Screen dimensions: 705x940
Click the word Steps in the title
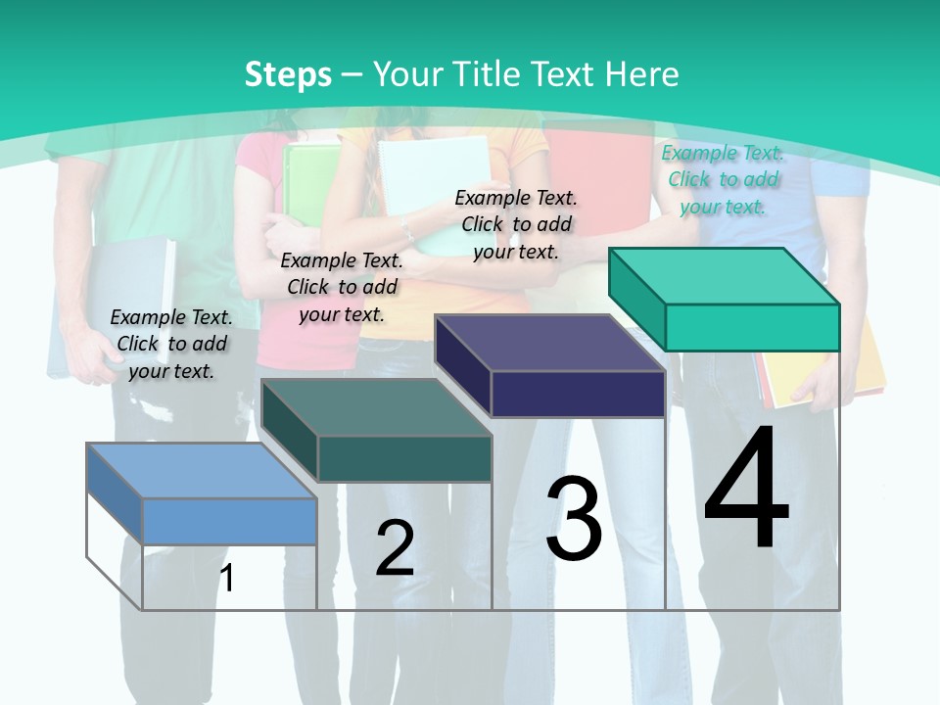(288, 74)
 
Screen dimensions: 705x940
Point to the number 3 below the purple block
(574, 519)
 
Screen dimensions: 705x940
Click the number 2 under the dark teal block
(395, 548)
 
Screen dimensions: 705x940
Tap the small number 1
(227, 578)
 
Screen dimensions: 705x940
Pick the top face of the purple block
(549, 343)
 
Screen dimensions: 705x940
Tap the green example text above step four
(723, 179)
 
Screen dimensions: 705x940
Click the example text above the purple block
(516, 224)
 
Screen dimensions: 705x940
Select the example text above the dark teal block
(342, 287)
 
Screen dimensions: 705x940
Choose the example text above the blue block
(171, 344)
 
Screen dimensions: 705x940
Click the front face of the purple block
(578, 395)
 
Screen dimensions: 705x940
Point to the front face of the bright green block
(752, 327)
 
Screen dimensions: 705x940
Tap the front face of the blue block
(229, 521)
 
